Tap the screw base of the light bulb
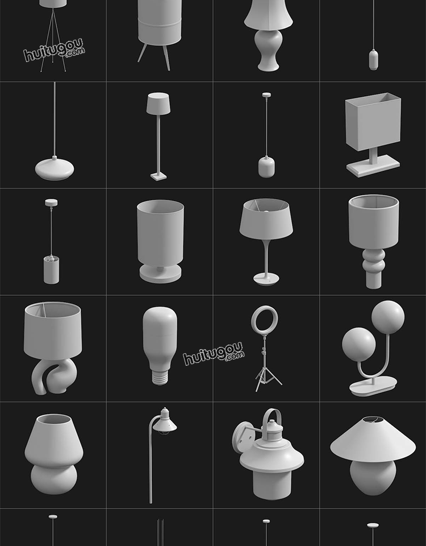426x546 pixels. (x=160, y=378)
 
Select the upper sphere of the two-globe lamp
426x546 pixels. (x=388, y=317)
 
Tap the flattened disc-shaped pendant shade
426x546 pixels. (x=55, y=169)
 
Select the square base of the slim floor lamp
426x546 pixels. (x=158, y=176)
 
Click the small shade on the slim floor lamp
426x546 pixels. (x=158, y=103)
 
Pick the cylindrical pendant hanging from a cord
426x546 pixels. (x=51, y=270)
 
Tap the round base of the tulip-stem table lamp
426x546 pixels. (x=266, y=279)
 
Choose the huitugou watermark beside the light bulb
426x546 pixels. (x=214, y=353)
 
